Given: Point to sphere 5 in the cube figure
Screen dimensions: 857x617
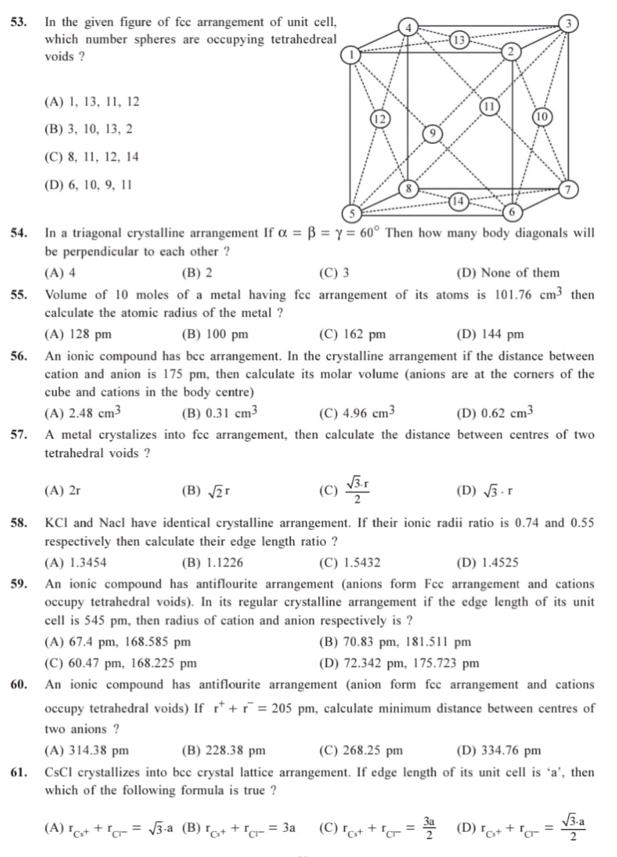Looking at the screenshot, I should pos(350,214).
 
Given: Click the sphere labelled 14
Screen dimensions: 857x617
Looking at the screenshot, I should pos(458,200).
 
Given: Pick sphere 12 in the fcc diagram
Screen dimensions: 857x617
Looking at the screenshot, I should pos(379,119).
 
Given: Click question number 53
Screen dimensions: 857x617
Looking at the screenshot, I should pos(19,21).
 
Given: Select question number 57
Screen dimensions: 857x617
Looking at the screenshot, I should pos(19,435).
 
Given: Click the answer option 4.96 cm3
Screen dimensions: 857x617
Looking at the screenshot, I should pos(357,412).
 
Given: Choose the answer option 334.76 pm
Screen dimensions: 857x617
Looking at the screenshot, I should pos(498,751).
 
